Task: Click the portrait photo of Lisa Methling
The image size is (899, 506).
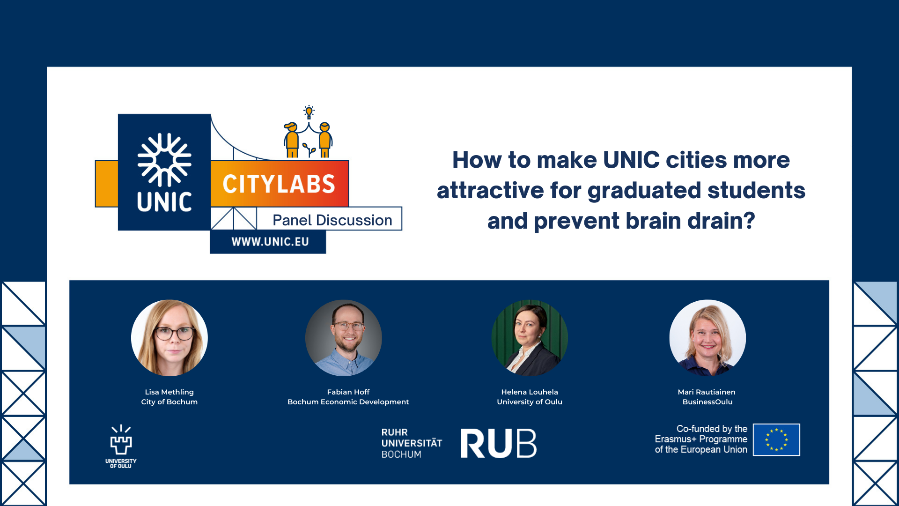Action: [x=169, y=338]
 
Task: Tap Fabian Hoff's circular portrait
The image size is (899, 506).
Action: [x=344, y=338]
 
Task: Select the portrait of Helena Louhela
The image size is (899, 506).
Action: [x=530, y=338]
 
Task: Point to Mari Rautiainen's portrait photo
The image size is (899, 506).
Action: [x=707, y=338]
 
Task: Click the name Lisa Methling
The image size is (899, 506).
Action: [x=169, y=392]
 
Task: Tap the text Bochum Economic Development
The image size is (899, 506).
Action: [x=348, y=402]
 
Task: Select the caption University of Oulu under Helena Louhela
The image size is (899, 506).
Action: [x=530, y=402]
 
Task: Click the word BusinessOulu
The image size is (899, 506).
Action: [x=707, y=402]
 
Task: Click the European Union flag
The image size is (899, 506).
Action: [x=776, y=439]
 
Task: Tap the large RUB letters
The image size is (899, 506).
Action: [x=498, y=443]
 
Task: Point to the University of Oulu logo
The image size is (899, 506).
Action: [x=121, y=446]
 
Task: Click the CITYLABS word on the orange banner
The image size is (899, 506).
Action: [x=279, y=184]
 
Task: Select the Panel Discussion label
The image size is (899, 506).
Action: [x=332, y=220]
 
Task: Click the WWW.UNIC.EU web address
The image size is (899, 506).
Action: [x=270, y=242]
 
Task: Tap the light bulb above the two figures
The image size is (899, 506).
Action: [x=309, y=112]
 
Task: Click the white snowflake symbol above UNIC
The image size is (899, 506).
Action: [x=164, y=160]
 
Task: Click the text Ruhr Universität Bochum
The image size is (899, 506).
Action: [x=412, y=443]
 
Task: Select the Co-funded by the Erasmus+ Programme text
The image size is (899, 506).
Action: [x=701, y=439]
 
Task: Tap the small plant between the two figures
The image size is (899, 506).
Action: [x=309, y=149]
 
